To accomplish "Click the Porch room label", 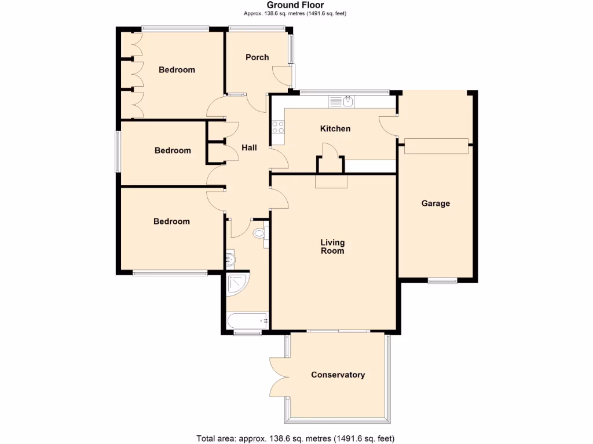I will (257, 57).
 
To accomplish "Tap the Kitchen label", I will (335, 128).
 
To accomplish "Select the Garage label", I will (435, 203).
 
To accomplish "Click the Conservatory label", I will (338, 375).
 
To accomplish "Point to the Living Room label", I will (332, 246).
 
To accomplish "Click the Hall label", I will (249, 148).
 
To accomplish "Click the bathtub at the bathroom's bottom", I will (247, 320).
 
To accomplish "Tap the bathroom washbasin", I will (230, 260).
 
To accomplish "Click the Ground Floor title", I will (296, 5).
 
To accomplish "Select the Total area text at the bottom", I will (296, 438).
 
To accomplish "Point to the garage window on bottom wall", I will (442, 281).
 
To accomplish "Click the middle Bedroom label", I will (173, 150).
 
